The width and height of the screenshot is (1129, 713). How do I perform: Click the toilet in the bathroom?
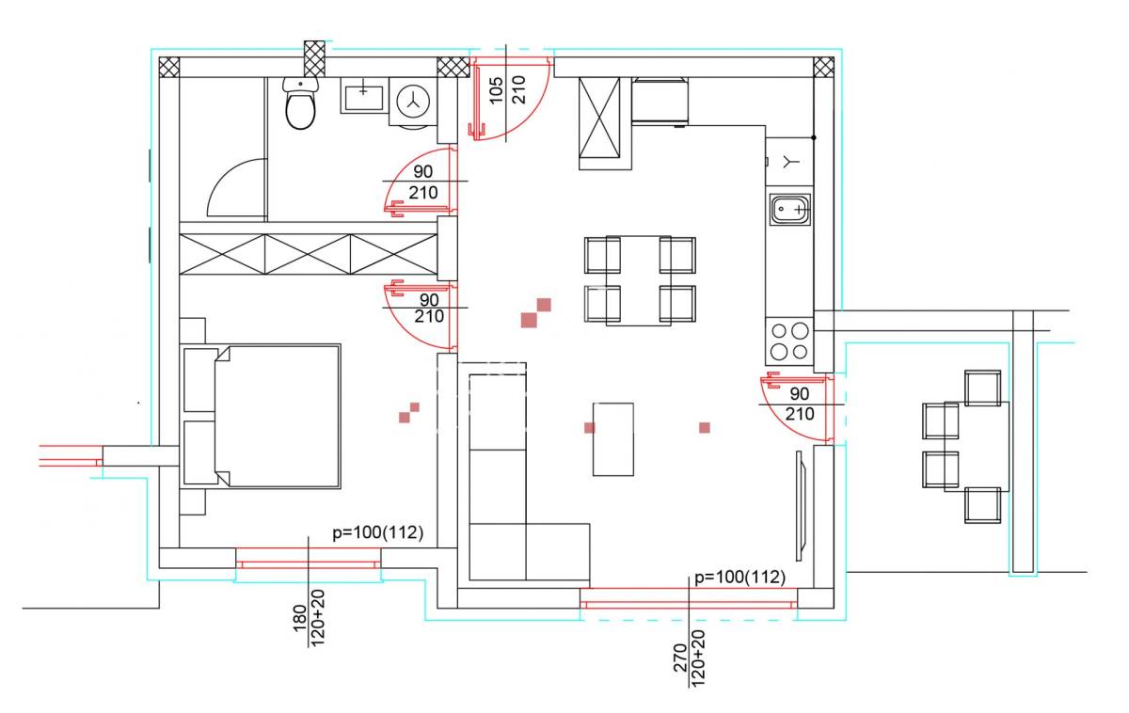(300, 103)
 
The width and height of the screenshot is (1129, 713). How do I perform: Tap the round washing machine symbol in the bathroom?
(413, 102)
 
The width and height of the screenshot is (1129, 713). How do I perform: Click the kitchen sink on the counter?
(789, 209)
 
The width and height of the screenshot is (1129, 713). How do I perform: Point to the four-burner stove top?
(789, 341)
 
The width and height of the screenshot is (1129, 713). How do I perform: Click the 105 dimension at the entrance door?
(497, 90)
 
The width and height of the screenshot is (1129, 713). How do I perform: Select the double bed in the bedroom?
(261, 416)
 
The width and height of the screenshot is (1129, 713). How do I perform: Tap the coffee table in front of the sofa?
(612, 439)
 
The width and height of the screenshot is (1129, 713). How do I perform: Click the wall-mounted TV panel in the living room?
(801, 505)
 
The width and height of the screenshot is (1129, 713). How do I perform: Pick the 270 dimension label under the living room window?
(680, 658)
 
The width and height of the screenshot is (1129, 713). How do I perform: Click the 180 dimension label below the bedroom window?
(299, 618)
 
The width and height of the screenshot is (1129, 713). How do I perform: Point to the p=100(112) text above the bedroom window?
(377, 532)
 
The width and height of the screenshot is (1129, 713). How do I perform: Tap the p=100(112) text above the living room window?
(739, 577)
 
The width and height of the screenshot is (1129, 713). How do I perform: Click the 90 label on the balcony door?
(800, 393)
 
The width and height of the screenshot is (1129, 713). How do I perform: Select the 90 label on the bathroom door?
(422, 171)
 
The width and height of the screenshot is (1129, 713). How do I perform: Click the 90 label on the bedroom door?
(429, 300)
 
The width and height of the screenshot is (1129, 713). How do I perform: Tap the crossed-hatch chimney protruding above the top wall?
(314, 58)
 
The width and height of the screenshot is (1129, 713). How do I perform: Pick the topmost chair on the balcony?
(982, 388)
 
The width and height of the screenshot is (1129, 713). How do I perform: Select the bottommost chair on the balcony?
(982, 505)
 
